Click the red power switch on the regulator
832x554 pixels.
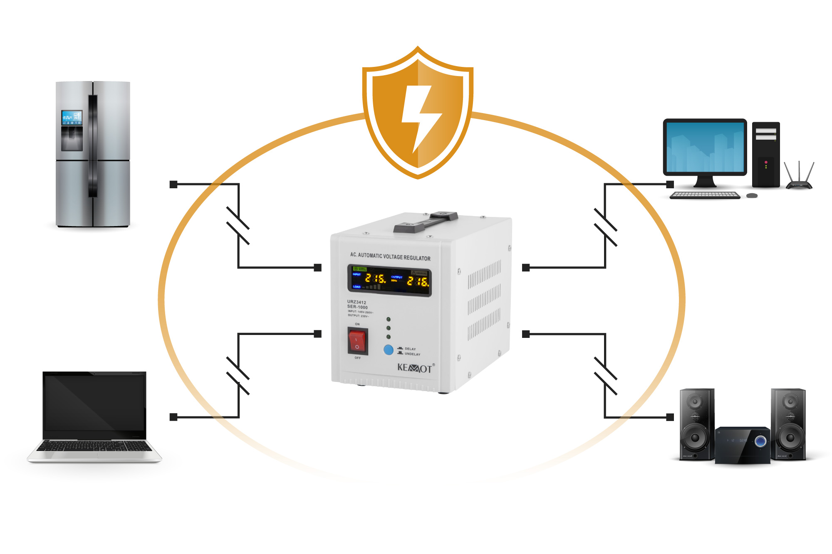coord(357,341)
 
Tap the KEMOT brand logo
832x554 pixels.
coord(415,368)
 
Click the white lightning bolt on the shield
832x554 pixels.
coord(421,116)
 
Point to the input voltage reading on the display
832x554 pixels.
coord(375,278)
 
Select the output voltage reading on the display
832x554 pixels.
coord(417,281)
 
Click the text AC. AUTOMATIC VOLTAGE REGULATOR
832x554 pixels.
coord(390,256)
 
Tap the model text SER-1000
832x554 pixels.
coord(357,307)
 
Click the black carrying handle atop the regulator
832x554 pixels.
coord(426,222)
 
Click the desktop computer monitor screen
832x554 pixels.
coord(705,147)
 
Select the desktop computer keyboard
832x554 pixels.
coord(705,195)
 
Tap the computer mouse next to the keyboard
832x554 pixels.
coord(752,195)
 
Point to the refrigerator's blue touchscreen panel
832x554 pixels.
coord(72,118)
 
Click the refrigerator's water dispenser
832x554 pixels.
coord(72,138)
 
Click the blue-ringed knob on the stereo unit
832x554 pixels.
coord(760,441)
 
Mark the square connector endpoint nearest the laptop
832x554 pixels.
coord(173,417)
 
